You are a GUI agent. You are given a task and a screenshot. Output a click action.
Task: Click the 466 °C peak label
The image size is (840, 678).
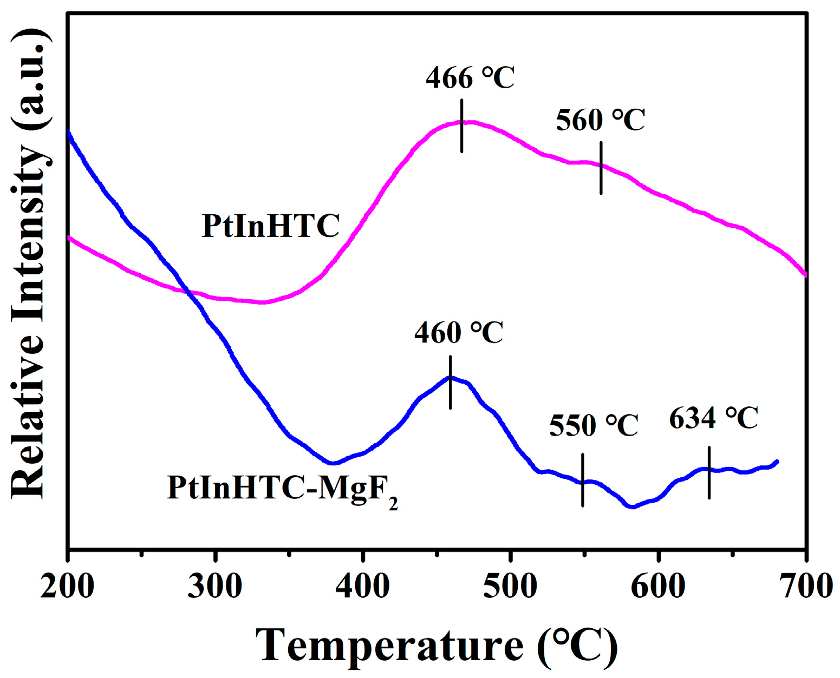click(x=470, y=78)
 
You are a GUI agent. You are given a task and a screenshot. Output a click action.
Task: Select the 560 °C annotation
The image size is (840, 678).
click(x=600, y=120)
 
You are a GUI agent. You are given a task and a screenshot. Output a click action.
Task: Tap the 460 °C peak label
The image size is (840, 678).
click(x=459, y=332)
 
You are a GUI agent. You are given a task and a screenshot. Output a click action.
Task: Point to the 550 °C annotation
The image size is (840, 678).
click(x=594, y=425)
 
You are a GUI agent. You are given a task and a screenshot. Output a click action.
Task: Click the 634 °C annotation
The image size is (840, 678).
click(x=713, y=418)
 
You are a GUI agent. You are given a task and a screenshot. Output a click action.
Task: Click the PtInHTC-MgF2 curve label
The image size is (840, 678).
click(x=282, y=489)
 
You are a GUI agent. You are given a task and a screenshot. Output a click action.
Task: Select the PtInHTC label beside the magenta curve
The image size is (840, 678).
click(x=271, y=226)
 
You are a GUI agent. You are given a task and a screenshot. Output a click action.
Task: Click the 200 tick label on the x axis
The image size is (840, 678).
click(x=67, y=586)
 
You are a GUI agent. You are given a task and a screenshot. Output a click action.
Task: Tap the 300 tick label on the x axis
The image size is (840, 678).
click(x=215, y=586)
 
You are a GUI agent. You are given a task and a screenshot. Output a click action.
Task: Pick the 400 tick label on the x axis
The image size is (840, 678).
click(x=362, y=586)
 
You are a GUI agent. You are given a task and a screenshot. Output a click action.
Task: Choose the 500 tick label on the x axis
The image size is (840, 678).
click(x=510, y=586)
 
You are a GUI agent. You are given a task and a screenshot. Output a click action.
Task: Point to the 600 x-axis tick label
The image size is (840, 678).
click(x=658, y=586)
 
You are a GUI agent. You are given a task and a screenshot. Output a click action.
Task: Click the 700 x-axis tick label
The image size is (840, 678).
click(x=806, y=586)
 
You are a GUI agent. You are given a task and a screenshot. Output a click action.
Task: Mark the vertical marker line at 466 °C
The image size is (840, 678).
click(x=462, y=126)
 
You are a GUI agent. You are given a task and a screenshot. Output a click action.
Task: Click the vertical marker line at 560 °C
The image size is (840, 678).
click(x=601, y=168)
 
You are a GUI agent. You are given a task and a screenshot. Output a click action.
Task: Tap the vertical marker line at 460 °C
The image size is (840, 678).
click(x=450, y=382)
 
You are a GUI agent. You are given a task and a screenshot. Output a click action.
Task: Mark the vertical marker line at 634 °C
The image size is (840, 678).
click(x=709, y=472)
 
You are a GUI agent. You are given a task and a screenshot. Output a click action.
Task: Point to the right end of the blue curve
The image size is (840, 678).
click(x=777, y=462)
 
